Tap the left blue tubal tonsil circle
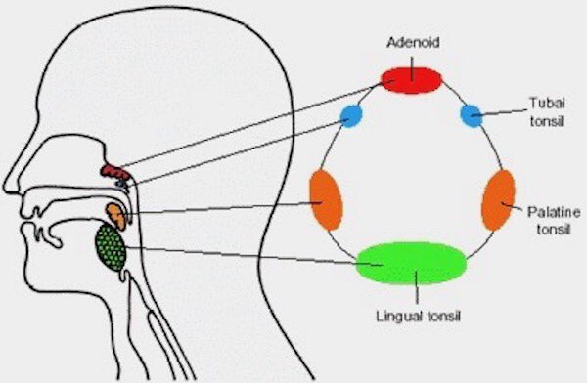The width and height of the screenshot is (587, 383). [x=351, y=118]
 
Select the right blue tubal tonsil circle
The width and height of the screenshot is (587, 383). [x=472, y=116]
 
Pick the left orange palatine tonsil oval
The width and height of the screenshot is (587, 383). [x=324, y=198]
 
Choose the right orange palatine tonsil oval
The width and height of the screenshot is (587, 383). [x=498, y=199]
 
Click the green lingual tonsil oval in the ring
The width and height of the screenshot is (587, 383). [x=411, y=263]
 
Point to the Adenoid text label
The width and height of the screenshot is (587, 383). [x=411, y=44]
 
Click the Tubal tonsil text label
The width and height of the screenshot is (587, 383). [x=545, y=109]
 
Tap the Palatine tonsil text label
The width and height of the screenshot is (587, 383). [x=551, y=218]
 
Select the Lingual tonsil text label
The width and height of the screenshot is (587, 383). [x=419, y=316]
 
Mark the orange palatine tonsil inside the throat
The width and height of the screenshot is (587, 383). [x=116, y=214]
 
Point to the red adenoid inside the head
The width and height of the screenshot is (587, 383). [x=111, y=172]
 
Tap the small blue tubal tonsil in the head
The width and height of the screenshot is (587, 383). [x=122, y=182]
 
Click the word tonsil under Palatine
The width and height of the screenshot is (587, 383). [x=551, y=227]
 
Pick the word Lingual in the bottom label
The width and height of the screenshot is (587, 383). [x=397, y=316]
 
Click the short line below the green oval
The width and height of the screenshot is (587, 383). [x=418, y=293]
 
